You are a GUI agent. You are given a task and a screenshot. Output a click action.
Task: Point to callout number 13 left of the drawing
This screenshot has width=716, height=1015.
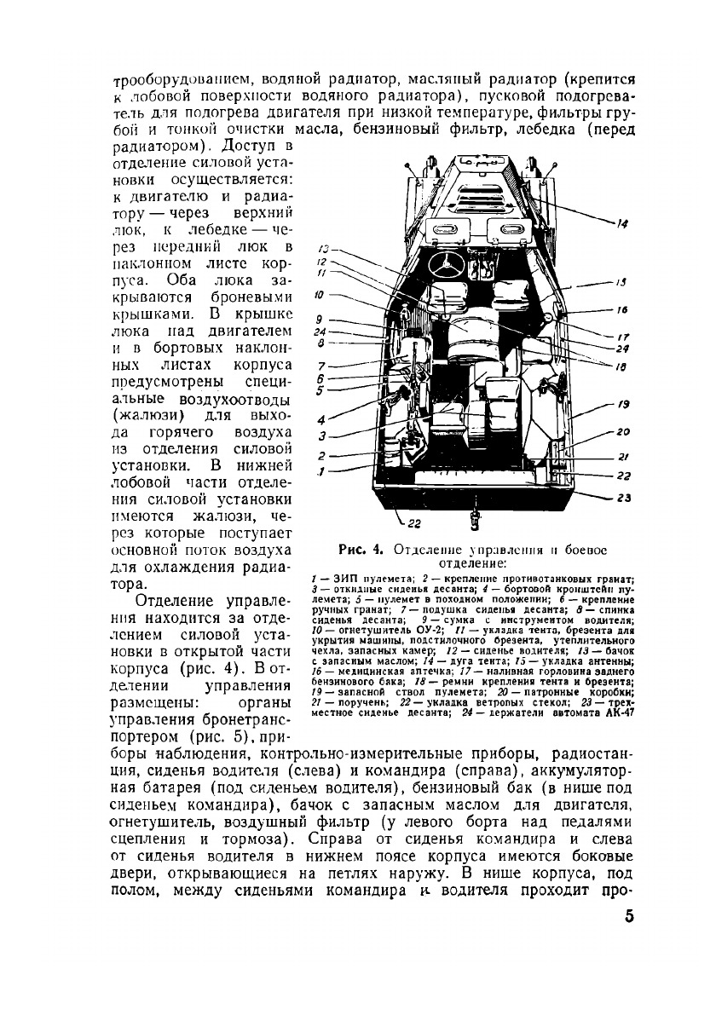(x=323, y=250)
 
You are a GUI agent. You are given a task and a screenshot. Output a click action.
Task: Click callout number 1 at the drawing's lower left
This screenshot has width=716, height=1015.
(x=321, y=471)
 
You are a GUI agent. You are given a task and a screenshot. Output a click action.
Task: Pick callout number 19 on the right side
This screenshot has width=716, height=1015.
(x=623, y=405)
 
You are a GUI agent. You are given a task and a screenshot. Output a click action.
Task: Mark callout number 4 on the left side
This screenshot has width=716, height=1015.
(x=322, y=420)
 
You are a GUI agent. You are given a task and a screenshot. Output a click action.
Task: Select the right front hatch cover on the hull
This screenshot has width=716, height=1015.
(x=508, y=228)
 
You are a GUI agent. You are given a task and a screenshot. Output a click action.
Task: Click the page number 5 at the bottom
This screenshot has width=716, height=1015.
(x=628, y=916)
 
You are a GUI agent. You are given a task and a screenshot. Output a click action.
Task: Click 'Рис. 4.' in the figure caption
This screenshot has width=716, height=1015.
(x=359, y=549)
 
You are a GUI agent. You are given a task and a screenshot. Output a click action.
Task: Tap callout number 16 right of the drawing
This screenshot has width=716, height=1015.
(x=623, y=310)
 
